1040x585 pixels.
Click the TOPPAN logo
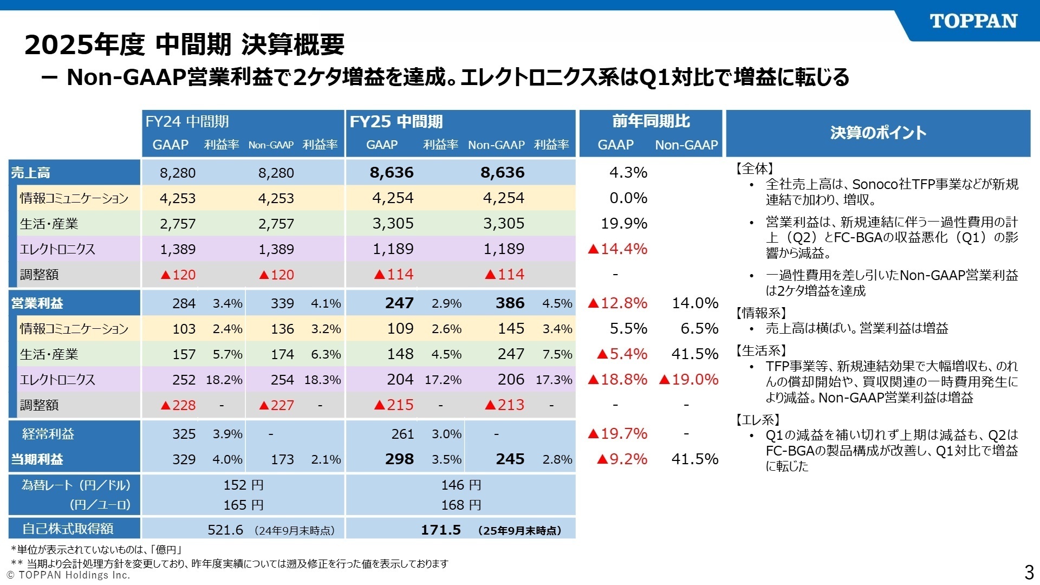pyautogui.click(x=973, y=22)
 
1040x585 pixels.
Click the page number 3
pyautogui.click(x=1029, y=572)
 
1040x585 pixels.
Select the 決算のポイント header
pyautogui.click(x=878, y=133)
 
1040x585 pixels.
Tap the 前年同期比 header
pyautogui.click(x=651, y=121)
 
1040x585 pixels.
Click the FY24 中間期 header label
pyautogui.click(x=187, y=121)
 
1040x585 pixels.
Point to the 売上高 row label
pyautogui.click(x=31, y=173)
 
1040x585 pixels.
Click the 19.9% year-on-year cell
pyautogui.click(x=624, y=223)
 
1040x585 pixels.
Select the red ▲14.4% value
pyautogui.click(x=617, y=249)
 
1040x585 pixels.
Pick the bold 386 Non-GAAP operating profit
pyautogui.click(x=510, y=303)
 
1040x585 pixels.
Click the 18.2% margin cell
pyautogui.click(x=224, y=380)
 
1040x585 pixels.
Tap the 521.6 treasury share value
pyautogui.click(x=225, y=530)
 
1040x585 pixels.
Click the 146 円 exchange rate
pyautogui.click(x=461, y=485)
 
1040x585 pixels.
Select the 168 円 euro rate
pyautogui.click(x=461, y=505)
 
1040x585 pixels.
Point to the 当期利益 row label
pyautogui.click(x=37, y=459)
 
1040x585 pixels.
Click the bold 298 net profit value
pyautogui.click(x=399, y=459)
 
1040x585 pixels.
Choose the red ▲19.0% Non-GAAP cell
pyautogui.click(x=688, y=379)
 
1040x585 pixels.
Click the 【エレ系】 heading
pyautogui.click(x=757, y=420)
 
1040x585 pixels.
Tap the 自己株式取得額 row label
pyautogui.click(x=68, y=528)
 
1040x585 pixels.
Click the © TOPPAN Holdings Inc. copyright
pyautogui.click(x=68, y=575)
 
